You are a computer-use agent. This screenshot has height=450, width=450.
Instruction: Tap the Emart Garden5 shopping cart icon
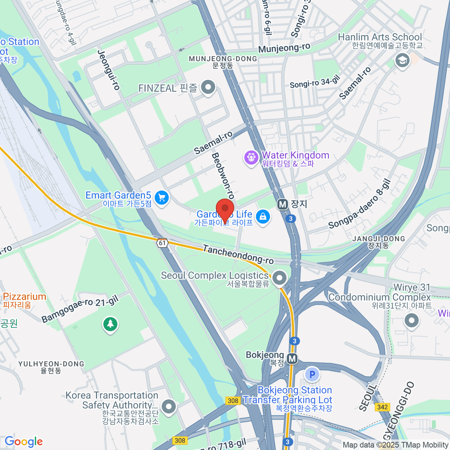pos(162,198)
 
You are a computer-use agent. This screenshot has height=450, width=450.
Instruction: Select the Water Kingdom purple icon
pos(251,157)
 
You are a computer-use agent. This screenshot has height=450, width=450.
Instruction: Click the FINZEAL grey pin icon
pos(208,87)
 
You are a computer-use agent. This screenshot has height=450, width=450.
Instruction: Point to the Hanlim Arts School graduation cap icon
pos(402,60)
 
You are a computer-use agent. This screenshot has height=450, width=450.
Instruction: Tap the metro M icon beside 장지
pos(282,204)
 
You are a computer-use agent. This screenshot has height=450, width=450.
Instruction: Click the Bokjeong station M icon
pos(292,359)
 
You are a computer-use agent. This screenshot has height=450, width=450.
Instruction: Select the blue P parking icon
pos(312,374)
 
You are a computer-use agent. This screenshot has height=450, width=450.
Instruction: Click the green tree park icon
pos(110,324)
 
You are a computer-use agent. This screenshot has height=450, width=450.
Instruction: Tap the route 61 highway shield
pos(162,243)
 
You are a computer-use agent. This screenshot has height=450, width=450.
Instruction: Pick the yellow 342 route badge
pos(382,407)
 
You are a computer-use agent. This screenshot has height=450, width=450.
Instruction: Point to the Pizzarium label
pos(24,297)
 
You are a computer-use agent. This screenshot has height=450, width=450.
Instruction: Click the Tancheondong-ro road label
pos(238,255)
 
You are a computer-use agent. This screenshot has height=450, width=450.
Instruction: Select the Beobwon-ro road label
pos(223,175)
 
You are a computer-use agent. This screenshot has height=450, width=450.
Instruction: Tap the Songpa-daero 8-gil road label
pos(360,205)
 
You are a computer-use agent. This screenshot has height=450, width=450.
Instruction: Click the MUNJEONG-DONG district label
pos(223,59)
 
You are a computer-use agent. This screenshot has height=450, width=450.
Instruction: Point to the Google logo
pos(24,441)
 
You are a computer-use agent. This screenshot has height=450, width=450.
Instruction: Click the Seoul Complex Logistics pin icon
pos(279,278)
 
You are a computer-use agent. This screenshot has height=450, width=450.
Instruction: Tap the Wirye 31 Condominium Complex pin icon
pos(411,321)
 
